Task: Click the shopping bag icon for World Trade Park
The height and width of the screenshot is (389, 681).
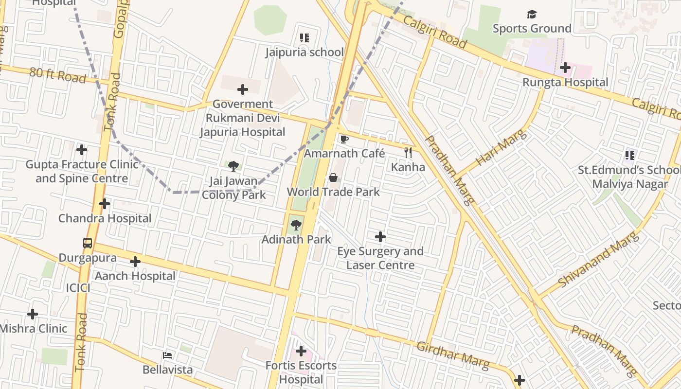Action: point(333,178)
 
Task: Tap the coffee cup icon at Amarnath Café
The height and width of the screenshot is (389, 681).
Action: point(344,140)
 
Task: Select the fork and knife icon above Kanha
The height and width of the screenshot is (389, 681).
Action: point(408,153)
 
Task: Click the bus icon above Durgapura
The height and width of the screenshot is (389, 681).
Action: point(88,243)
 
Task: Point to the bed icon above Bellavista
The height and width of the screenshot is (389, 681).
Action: point(167,355)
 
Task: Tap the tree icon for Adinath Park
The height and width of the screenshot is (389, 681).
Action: point(296,225)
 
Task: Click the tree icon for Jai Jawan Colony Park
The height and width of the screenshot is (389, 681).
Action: point(233,166)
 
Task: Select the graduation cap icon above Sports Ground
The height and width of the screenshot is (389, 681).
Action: point(532,15)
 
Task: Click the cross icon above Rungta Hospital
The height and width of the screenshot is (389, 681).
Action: point(565,68)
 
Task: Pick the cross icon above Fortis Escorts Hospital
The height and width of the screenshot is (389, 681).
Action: point(301,351)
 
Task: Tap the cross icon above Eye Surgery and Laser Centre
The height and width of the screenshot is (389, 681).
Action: point(380,237)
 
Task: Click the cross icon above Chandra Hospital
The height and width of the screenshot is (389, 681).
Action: point(105,204)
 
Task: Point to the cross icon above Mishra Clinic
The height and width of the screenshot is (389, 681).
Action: point(33,314)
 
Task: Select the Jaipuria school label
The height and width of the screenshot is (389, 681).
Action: point(305,52)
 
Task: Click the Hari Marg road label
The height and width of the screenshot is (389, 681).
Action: point(501,148)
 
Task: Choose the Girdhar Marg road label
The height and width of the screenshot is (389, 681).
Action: point(453,355)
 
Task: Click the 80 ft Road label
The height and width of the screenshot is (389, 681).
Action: point(57,75)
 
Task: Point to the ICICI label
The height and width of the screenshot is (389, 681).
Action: point(78,287)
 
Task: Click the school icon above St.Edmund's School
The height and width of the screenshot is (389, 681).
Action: point(630,156)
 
